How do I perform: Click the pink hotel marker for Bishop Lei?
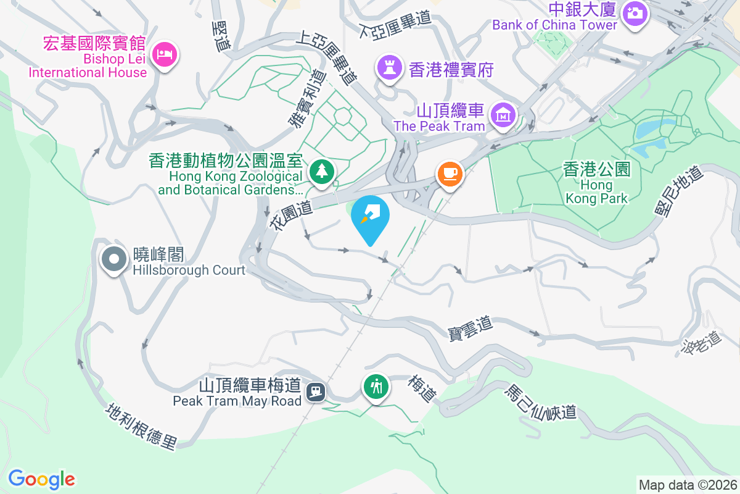(x=165, y=54)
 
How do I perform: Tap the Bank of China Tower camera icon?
(x=634, y=12)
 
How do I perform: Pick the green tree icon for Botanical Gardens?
(x=321, y=170)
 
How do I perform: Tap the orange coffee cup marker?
(x=450, y=174)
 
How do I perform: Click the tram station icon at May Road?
(x=316, y=390)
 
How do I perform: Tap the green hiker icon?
(x=376, y=387)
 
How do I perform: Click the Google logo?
(x=41, y=479)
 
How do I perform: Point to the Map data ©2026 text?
(x=688, y=485)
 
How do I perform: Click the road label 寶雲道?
(x=470, y=327)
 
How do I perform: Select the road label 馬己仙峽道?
(x=541, y=402)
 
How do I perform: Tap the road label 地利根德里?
(x=141, y=427)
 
